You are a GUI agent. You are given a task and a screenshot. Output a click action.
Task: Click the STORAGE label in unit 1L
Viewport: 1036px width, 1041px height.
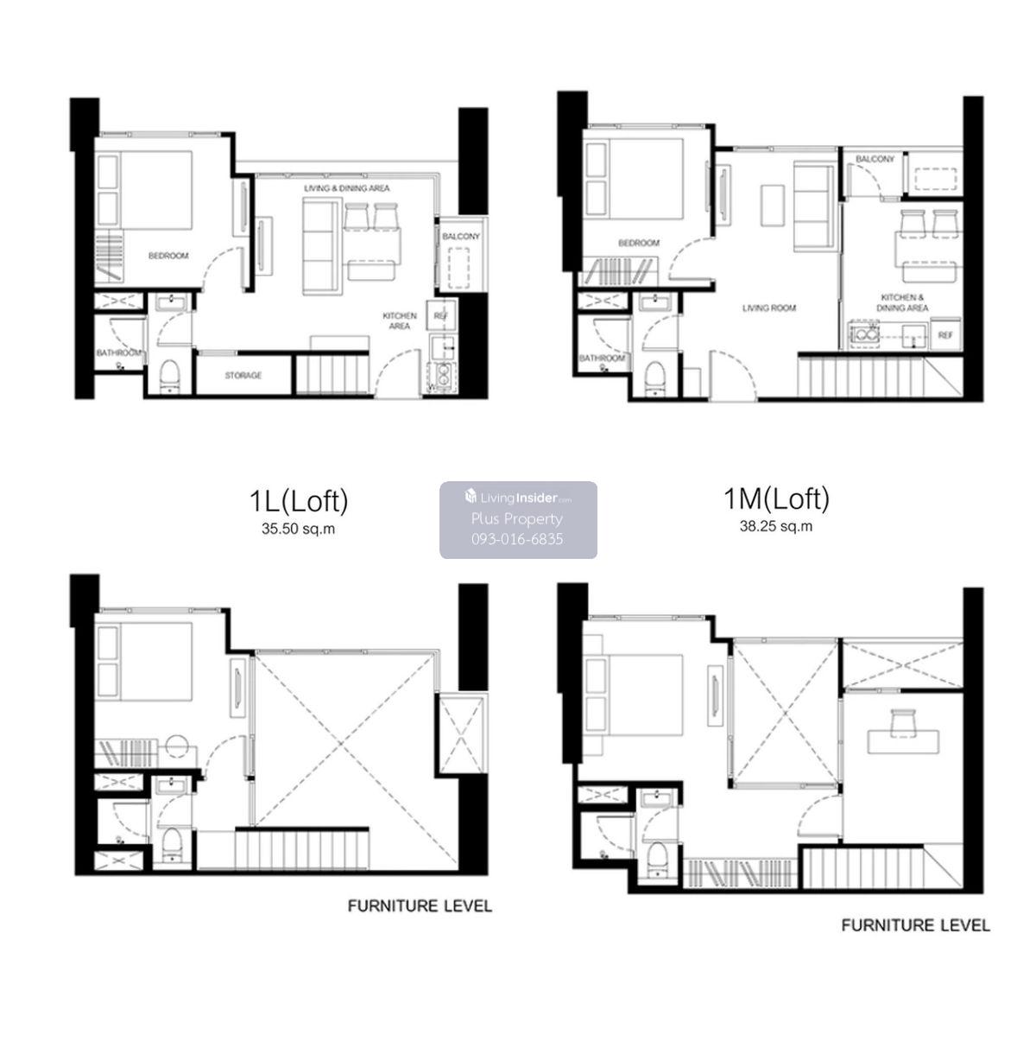[x=243, y=376]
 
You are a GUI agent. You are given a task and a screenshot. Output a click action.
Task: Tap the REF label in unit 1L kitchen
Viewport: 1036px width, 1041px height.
[x=441, y=316]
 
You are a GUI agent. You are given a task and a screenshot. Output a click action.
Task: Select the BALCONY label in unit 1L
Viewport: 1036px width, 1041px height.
[x=460, y=237]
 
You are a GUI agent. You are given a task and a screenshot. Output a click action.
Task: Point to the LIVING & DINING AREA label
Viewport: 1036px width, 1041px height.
[x=346, y=188]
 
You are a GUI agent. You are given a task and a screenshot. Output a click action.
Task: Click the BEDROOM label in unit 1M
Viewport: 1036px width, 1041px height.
[x=639, y=243]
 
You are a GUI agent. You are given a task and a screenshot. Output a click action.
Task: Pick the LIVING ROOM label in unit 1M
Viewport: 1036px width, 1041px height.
[x=768, y=308]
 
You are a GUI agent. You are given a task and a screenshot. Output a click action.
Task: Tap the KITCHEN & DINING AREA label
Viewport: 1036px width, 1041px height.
[x=902, y=302]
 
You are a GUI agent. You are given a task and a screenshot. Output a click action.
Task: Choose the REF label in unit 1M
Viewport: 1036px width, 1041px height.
[x=945, y=335]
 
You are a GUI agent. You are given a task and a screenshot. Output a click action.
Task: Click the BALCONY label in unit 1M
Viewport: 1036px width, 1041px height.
[x=875, y=159]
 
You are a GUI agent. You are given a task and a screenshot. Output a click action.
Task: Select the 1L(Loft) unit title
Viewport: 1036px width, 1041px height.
[x=299, y=501]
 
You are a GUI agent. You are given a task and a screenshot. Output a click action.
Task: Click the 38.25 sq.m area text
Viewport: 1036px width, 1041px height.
[x=776, y=526]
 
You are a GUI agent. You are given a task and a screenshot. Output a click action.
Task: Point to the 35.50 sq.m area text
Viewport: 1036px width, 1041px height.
[x=299, y=529]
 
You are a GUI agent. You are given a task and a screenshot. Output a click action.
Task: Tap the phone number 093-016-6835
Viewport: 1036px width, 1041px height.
[x=517, y=538]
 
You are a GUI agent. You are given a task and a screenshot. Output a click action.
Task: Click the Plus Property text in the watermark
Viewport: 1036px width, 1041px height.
[x=517, y=518]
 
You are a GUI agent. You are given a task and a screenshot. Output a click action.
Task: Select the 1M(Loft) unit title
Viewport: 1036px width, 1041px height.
[x=776, y=498]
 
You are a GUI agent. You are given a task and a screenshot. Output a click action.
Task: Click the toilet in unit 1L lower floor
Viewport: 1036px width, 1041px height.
[x=169, y=375]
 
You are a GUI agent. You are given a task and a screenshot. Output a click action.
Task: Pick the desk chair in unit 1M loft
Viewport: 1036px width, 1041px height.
[x=904, y=722]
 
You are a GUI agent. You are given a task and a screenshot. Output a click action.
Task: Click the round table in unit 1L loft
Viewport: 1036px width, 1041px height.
[x=176, y=747]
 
